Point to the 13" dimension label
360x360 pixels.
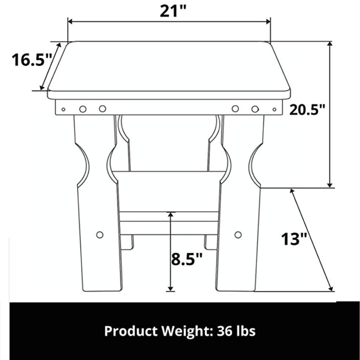tap(293, 238)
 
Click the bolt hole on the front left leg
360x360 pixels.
tap(100, 235)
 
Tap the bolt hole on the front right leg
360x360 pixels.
tap(238, 235)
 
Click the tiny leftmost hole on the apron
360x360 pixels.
tap(63, 109)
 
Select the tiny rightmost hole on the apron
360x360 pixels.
tap(274, 109)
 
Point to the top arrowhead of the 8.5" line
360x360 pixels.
tap(170, 215)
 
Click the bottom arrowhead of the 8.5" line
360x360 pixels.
tap(170, 288)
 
